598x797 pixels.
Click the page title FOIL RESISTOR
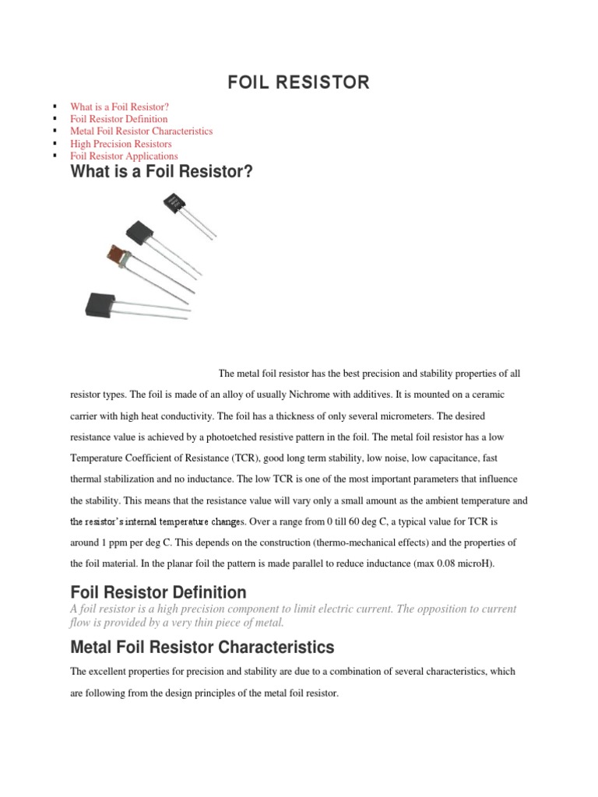tap(299, 83)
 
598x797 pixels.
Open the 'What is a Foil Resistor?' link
tap(119, 107)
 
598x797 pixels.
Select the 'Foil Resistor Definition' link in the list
tap(118, 119)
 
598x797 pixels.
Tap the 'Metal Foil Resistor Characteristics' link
tap(141, 132)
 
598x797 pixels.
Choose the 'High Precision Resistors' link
tap(121, 144)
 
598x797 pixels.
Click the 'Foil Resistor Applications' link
tap(124, 156)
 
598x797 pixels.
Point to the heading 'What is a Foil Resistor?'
tap(162, 172)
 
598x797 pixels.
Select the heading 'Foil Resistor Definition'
tap(158, 592)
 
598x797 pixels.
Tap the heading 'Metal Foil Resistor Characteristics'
tap(202, 647)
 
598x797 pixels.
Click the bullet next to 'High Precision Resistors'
tap(56, 144)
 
